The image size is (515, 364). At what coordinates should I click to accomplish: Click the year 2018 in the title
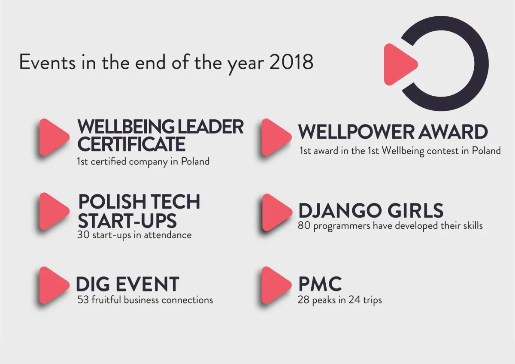(291, 62)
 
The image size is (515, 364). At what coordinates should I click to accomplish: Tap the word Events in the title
(47, 62)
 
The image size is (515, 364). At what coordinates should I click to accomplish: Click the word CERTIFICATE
(131, 144)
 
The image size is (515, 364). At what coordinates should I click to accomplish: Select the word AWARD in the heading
(453, 132)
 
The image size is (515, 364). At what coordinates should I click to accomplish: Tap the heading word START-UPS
(127, 221)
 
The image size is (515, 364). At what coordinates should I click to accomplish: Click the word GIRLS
(415, 210)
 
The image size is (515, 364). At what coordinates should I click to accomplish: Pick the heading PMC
(320, 284)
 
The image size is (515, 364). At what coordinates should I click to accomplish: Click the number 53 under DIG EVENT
(83, 300)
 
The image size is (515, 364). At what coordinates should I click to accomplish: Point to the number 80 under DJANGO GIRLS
(304, 226)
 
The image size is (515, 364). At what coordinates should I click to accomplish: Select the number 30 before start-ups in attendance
(83, 235)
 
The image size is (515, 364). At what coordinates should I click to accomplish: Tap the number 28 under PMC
(303, 300)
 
